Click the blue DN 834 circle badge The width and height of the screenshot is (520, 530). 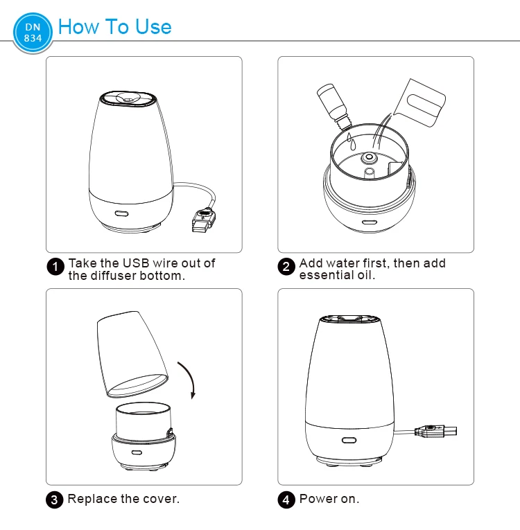point(33,33)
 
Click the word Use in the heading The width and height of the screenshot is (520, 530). point(153,27)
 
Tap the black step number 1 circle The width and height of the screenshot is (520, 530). point(55,267)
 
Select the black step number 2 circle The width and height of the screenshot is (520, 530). point(286,267)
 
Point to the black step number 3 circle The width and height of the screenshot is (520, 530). point(55,500)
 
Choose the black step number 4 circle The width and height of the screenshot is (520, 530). point(286,500)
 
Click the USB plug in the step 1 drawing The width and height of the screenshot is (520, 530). point(203,221)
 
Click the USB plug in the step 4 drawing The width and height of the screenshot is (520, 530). point(435,432)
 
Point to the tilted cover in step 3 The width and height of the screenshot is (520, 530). point(132,354)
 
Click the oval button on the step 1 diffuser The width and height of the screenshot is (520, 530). point(121,213)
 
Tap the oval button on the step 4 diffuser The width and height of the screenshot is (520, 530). point(349,440)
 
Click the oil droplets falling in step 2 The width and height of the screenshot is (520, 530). point(352,141)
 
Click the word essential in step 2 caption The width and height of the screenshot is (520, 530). point(327,275)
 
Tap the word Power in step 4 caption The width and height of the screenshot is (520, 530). point(318,499)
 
